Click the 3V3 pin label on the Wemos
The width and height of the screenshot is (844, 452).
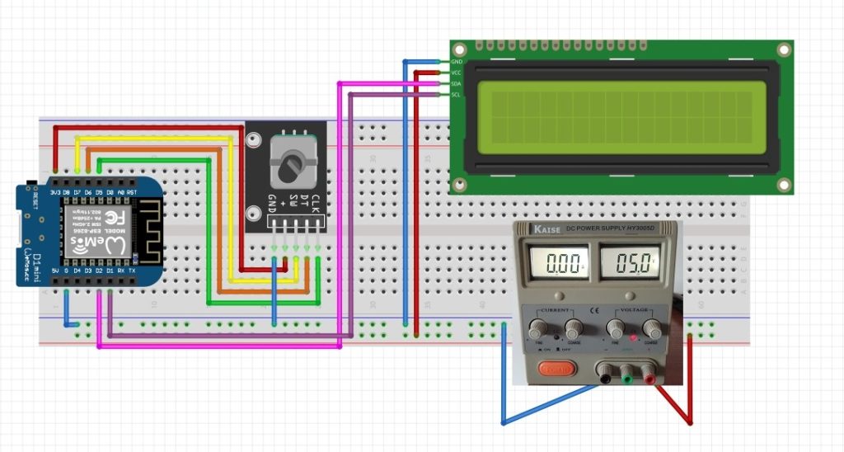(55, 192)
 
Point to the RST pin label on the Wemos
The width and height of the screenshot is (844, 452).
(130, 192)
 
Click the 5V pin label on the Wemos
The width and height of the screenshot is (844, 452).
(55, 270)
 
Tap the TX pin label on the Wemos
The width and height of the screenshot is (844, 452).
(132, 270)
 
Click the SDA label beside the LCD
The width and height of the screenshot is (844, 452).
(456, 84)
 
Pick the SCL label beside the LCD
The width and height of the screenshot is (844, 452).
(456, 95)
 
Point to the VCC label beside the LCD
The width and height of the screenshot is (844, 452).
(456, 73)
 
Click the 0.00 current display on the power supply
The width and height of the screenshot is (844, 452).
(564, 264)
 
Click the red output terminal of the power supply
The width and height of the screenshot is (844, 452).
(649, 378)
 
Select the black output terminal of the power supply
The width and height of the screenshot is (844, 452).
(606, 378)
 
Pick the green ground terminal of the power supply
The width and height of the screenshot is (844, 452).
(627, 378)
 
